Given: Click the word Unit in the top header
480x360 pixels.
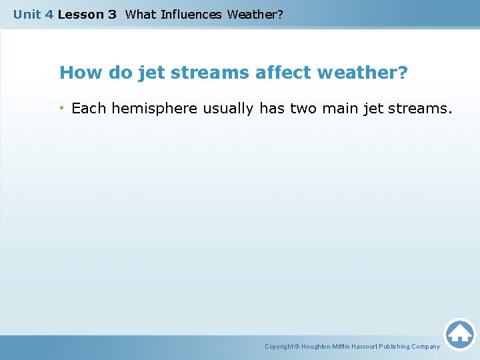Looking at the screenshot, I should [x=27, y=14].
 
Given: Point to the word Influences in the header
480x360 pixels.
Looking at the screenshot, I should [x=191, y=14].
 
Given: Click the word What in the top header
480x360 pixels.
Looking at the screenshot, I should [x=140, y=14].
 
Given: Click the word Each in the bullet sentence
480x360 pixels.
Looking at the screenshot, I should [x=89, y=108].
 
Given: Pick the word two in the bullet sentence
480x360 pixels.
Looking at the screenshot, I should [x=304, y=108].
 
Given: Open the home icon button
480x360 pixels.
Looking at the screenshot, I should [x=459, y=333].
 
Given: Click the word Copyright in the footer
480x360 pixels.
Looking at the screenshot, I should [x=279, y=347].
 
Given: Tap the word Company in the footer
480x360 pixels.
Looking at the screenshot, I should [x=425, y=347].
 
